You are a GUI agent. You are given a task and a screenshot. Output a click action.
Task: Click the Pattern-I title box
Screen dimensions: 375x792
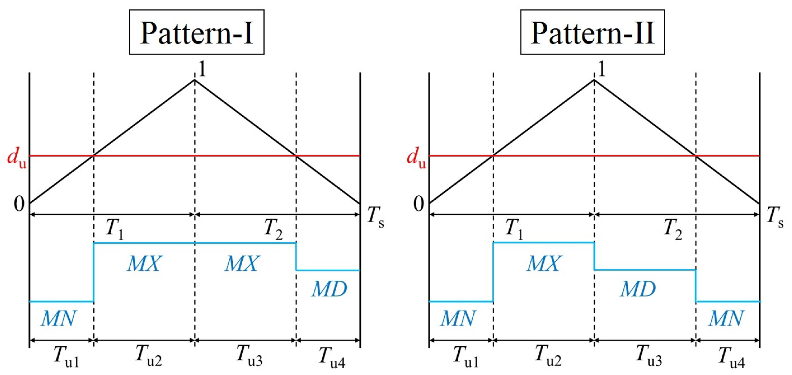196,32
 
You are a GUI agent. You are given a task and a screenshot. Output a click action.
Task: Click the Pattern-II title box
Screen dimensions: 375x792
592,32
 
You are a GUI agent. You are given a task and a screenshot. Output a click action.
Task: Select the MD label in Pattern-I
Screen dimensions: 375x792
329,289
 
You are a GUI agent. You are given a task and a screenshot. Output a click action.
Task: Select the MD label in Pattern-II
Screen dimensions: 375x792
638,289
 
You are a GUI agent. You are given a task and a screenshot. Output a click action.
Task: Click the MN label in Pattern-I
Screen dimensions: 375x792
58,318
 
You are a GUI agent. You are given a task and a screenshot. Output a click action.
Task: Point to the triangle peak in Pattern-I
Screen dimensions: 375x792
194,80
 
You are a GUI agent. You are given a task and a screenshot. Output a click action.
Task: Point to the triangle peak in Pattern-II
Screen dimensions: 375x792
594,80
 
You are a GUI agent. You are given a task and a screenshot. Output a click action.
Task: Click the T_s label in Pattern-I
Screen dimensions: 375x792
375,217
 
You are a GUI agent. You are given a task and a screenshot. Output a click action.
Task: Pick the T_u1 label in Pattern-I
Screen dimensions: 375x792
66,357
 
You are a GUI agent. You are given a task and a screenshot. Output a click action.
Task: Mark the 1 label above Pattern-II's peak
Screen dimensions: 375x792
601,69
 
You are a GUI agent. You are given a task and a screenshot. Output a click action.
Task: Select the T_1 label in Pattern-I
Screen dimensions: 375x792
115,229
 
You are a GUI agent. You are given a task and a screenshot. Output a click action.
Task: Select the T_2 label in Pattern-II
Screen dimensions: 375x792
672,229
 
